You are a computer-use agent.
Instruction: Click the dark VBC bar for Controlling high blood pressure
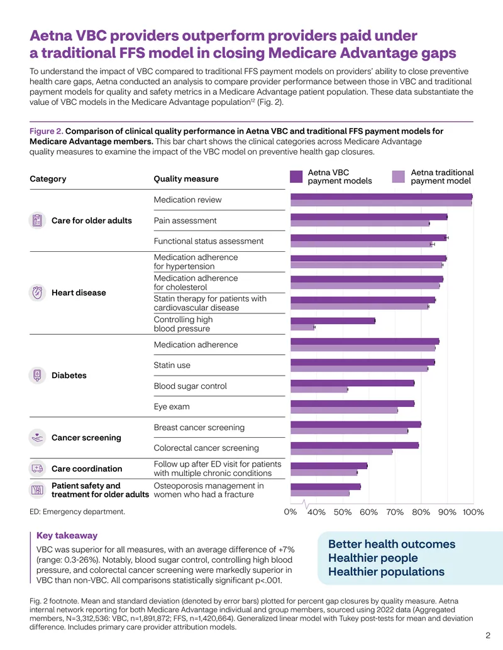coord(333,321)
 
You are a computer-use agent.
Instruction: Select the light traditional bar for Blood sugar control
coord(319,389)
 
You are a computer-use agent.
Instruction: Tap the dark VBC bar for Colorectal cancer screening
coord(355,445)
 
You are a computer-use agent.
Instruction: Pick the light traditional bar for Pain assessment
coord(360,224)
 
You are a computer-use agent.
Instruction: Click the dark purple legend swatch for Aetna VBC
coord(296,176)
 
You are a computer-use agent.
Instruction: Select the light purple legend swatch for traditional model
coord(399,176)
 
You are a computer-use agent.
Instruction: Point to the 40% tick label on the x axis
coord(316,512)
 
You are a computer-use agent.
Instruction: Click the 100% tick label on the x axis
coord(473,512)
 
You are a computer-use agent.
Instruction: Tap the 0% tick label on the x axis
coord(290,512)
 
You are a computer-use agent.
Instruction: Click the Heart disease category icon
coord(37,293)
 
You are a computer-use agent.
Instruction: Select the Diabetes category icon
coord(37,376)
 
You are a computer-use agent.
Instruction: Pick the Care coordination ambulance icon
coord(37,469)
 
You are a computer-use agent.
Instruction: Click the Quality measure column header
coord(186,178)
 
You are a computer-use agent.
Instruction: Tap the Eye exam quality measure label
coord(172,407)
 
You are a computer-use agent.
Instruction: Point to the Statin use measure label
coord(172,366)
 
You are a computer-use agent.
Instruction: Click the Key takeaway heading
coord(67,535)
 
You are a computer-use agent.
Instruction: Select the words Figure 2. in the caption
coord(46,131)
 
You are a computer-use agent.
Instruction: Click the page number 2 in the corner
coord(488,636)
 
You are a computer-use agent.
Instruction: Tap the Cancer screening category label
coord(86,438)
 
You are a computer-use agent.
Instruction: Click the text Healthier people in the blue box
coord(373,558)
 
